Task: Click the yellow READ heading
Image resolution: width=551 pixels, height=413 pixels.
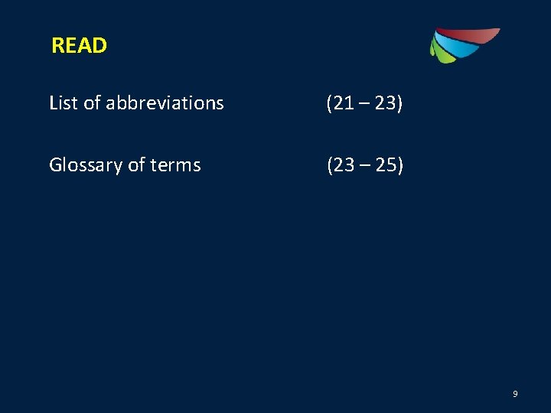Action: tap(79, 46)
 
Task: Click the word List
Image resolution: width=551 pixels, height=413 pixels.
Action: tap(64, 102)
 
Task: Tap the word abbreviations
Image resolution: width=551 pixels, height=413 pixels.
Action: tap(165, 102)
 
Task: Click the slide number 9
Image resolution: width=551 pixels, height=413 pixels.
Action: tap(515, 394)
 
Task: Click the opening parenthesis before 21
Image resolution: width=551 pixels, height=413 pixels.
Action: tap(329, 102)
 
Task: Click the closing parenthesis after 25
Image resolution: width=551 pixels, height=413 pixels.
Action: tap(399, 165)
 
